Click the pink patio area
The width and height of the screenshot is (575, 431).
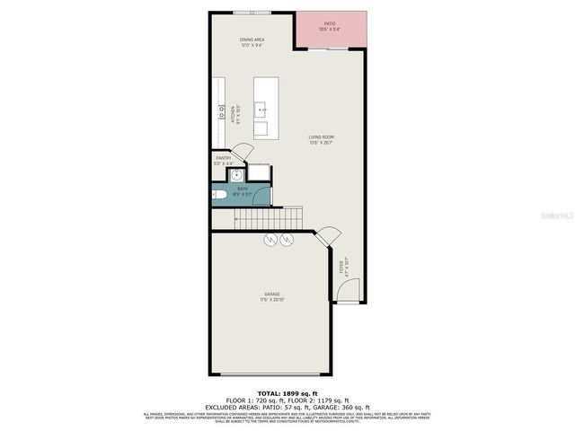(332, 31)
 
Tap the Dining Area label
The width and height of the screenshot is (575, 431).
(252, 41)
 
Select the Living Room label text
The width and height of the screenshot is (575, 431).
(321, 138)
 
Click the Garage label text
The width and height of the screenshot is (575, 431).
(272, 295)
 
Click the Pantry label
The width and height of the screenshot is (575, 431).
(224, 160)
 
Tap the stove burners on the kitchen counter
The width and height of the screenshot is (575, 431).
(221, 112)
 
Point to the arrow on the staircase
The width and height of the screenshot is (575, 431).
(239, 218)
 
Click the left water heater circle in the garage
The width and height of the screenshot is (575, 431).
(270, 240)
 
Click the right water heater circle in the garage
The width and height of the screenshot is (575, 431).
(287, 240)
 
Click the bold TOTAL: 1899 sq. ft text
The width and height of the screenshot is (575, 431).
(287, 393)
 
